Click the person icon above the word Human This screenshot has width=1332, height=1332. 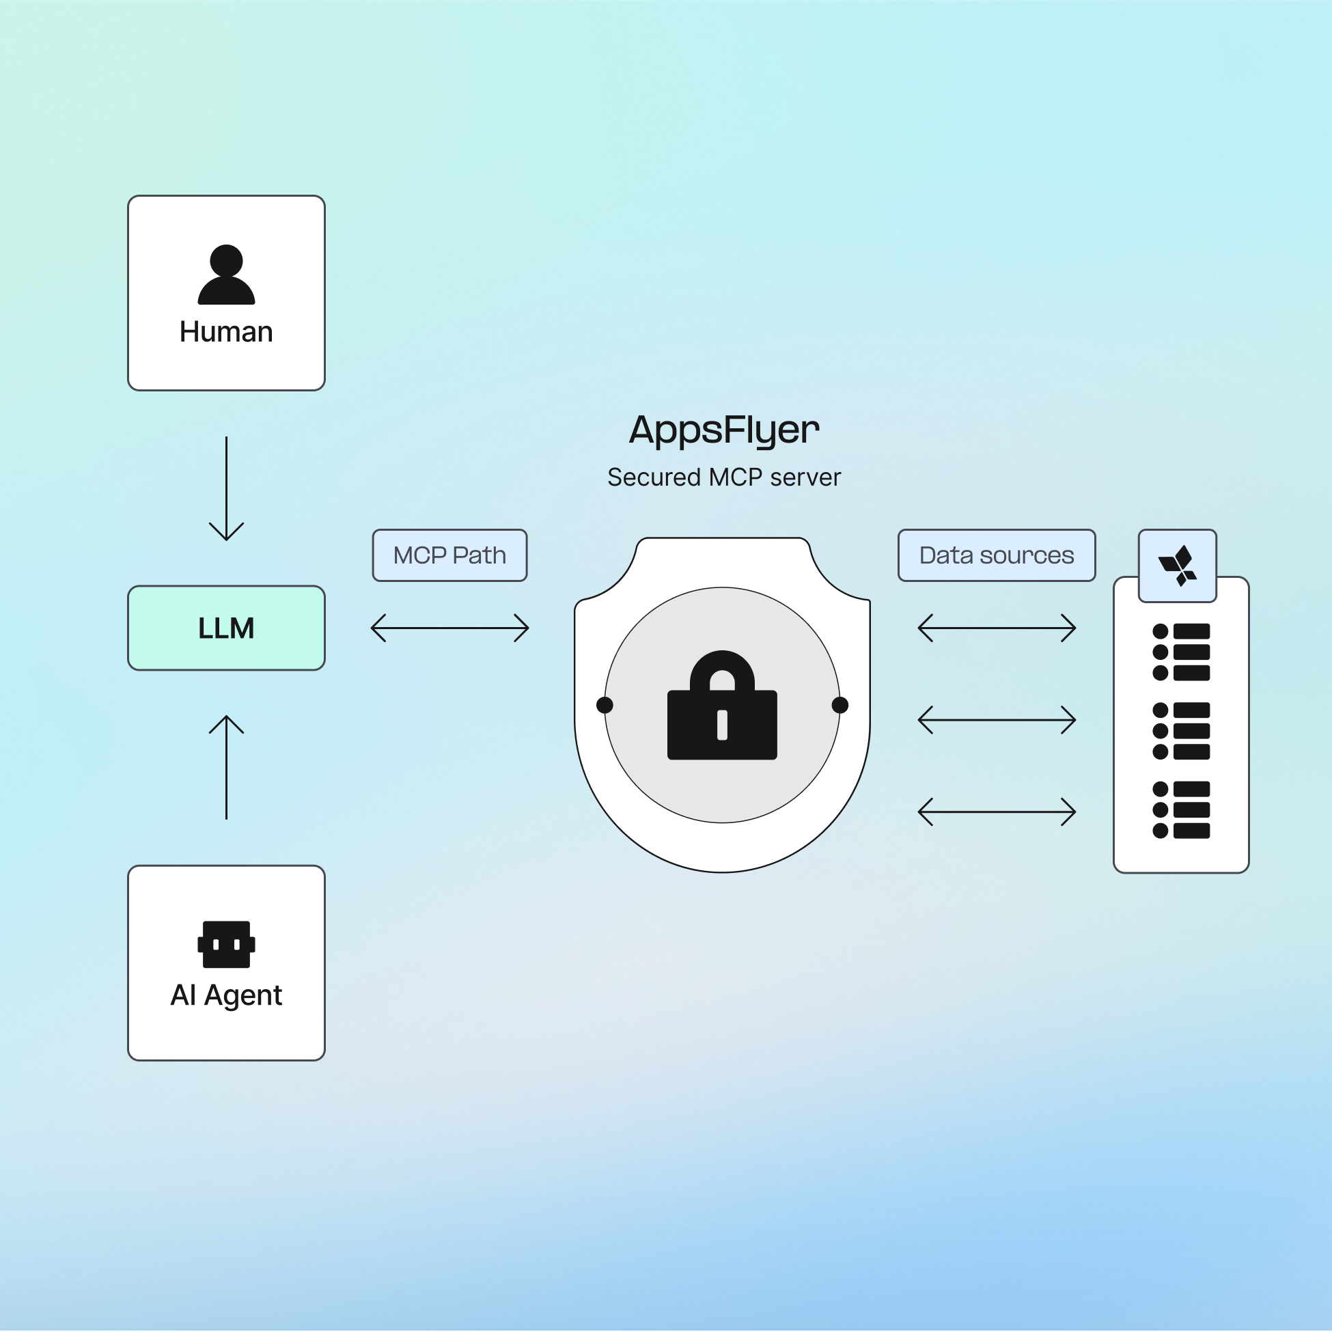point(226,275)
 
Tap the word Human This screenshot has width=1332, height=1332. point(226,331)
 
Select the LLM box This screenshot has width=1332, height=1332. point(226,628)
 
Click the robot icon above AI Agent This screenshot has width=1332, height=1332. point(226,945)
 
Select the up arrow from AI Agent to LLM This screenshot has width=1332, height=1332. point(226,767)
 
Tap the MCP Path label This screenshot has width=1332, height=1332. point(449,555)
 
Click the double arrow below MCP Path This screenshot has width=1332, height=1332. point(449,628)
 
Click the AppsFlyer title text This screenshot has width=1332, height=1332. point(724,430)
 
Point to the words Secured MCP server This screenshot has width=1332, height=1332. point(724,477)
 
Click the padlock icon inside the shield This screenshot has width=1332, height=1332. point(722,707)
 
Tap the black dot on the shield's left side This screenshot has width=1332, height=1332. point(605,705)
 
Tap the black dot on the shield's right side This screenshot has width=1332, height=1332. point(840,705)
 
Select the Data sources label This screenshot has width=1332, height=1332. point(996,555)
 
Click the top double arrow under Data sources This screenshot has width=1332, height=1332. point(996,628)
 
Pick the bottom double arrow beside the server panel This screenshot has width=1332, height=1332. point(996,812)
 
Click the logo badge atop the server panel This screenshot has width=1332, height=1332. point(1177,566)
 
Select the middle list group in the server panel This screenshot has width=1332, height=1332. point(1181,731)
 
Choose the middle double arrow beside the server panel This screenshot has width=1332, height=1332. point(996,720)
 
